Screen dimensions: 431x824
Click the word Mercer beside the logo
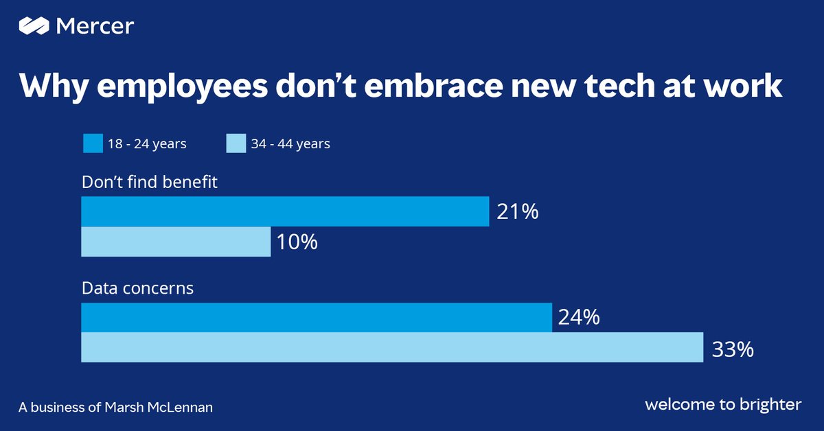pos(95,26)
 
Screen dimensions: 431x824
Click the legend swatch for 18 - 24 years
pos(91,143)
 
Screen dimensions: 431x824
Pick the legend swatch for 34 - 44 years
pos(236,143)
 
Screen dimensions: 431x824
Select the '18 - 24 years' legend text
pos(146,144)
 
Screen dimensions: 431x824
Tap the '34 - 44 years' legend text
pos(290,144)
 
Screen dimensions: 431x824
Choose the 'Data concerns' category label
pos(137,288)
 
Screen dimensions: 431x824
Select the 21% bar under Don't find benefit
pos(285,211)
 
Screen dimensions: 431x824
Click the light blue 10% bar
pos(176,242)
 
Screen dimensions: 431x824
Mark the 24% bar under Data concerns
pos(316,317)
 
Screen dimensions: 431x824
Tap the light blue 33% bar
pos(391,347)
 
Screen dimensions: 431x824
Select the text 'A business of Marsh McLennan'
pos(115,407)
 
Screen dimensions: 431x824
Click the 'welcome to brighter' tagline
pos(722,405)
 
